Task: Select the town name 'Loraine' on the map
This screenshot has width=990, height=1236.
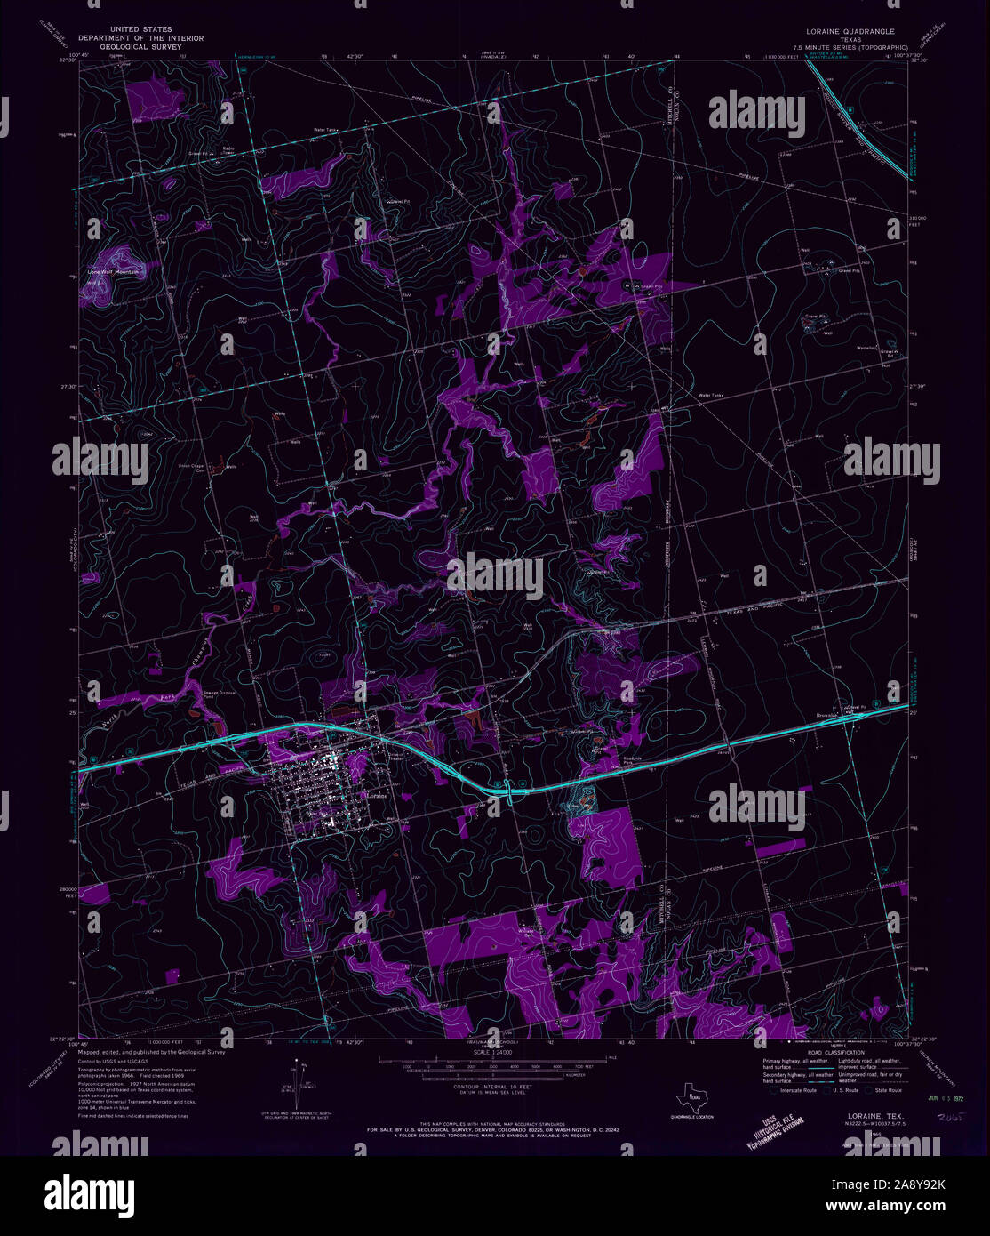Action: [x=379, y=794]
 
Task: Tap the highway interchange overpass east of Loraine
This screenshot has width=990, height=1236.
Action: [x=507, y=789]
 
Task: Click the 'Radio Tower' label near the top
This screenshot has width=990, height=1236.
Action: [x=228, y=149]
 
